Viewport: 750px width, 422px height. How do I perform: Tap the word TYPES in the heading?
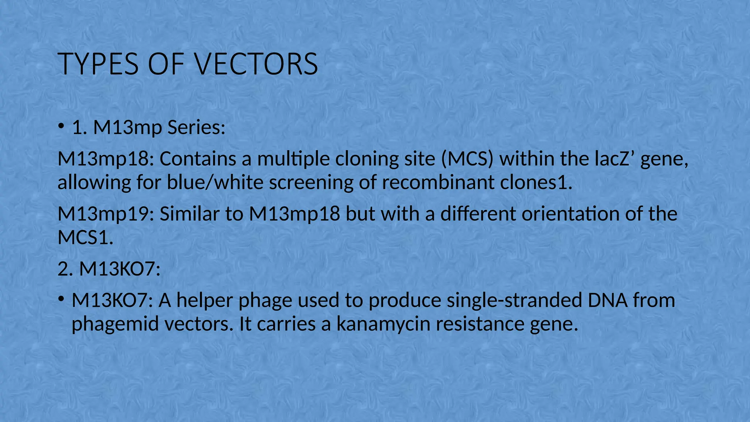point(99,64)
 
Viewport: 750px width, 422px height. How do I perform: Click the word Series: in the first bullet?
point(196,127)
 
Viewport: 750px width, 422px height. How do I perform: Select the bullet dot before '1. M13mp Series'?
point(61,127)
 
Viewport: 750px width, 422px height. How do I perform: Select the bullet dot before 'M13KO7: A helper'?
point(61,300)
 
